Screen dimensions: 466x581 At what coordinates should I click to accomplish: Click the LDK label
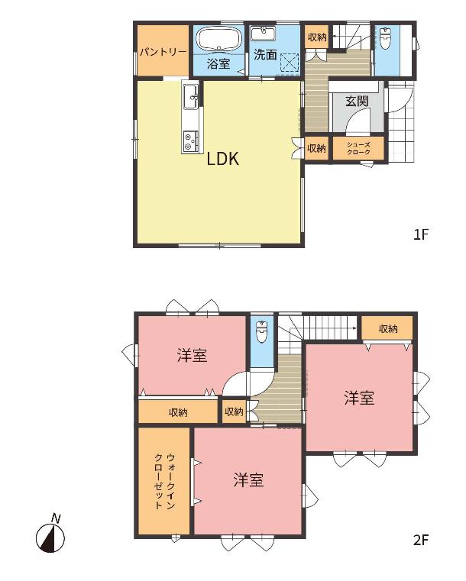click(223, 159)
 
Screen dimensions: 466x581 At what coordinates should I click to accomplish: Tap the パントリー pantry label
click(163, 52)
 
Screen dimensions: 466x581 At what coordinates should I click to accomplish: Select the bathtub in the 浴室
click(218, 38)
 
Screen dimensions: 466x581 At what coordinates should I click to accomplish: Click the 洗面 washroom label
click(265, 55)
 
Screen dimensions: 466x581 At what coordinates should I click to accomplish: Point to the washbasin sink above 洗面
click(263, 33)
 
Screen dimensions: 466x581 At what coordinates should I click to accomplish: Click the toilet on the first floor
click(386, 38)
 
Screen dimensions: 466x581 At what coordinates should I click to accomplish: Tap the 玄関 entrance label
click(357, 101)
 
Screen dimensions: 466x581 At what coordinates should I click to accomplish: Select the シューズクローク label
click(358, 149)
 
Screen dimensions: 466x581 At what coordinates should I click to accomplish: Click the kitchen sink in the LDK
click(191, 96)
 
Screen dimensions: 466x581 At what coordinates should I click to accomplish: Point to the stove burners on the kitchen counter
click(190, 141)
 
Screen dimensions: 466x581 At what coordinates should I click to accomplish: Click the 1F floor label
click(421, 234)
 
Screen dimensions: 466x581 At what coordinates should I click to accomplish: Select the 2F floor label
click(421, 540)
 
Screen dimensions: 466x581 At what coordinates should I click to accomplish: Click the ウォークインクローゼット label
click(164, 480)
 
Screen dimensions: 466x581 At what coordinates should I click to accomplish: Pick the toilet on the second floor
click(262, 331)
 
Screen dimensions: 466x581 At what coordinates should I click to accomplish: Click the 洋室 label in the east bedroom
click(359, 398)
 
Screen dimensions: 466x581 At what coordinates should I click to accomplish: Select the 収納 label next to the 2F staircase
click(388, 328)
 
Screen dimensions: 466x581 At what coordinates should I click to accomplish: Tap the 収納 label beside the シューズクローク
click(316, 148)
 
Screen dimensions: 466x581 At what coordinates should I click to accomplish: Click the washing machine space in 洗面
click(290, 63)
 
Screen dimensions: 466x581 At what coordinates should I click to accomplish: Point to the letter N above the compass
click(56, 518)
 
